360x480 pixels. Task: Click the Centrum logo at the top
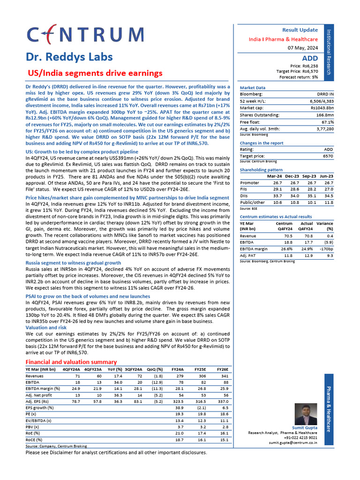85,35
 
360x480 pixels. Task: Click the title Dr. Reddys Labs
69,57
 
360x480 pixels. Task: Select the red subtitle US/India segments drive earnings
96,73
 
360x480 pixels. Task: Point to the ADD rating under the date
310,58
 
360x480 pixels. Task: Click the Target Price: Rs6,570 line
297,71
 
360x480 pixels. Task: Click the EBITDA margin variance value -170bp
324,249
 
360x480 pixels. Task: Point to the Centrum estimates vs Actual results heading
276,217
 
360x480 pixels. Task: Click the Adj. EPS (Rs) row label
38,402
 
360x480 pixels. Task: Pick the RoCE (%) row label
34,440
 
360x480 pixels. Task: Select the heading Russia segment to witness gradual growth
73,263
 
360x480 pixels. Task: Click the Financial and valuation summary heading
71,362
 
